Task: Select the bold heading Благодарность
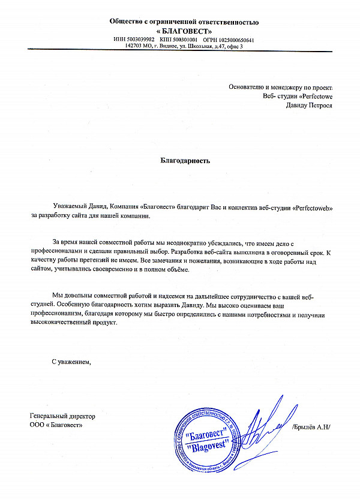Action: click(x=185, y=161)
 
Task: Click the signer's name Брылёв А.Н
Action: click(x=312, y=427)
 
